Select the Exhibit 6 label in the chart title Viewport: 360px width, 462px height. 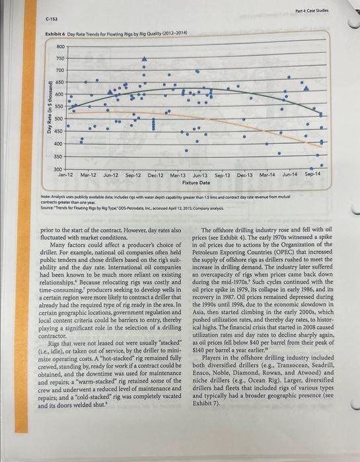coord(54,33)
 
